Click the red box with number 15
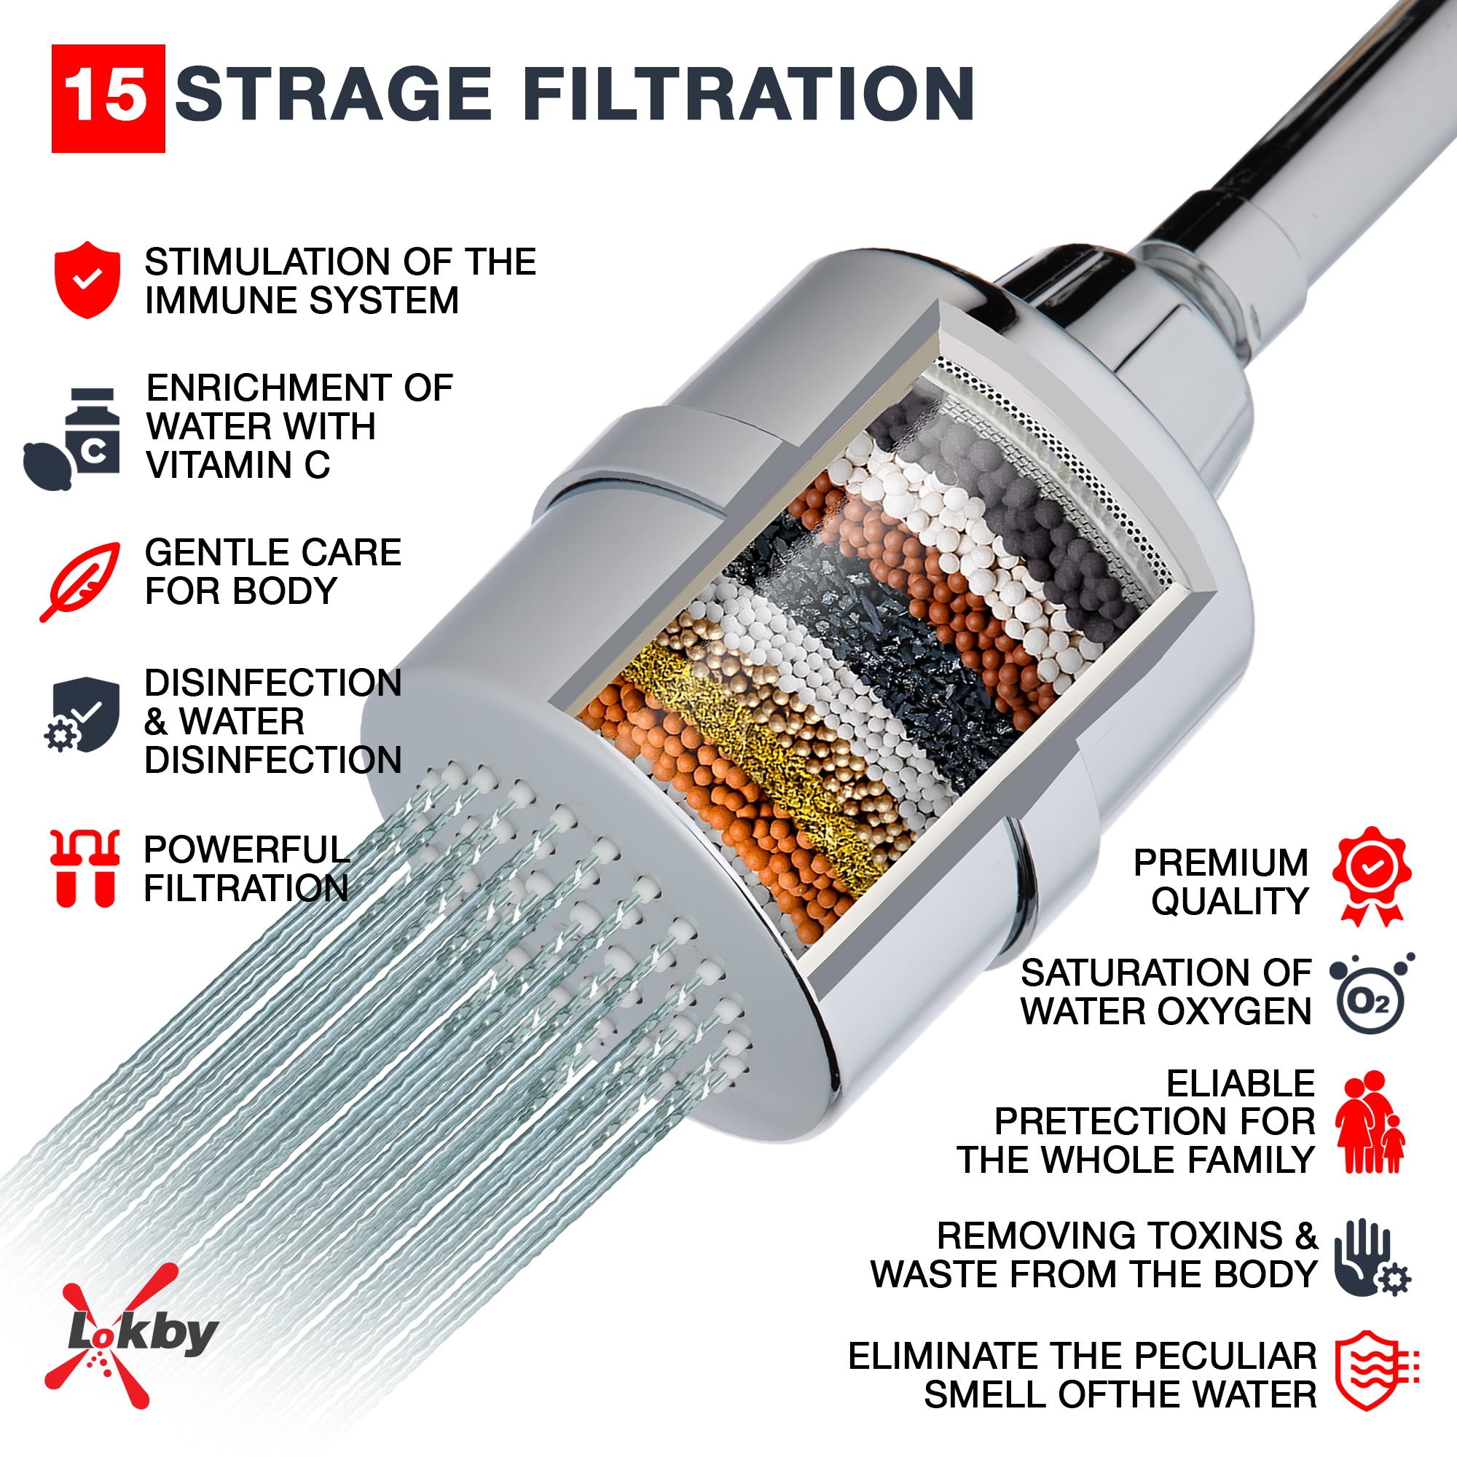pyautogui.click(x=108, y=99)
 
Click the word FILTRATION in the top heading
pyautogui.click(x=748, y=93)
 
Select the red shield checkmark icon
pyautogui.click(x=87, y=280)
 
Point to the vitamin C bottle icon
pyautogui.click(x=72, y=439)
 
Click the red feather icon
pyautogui.click(x=80, y=581)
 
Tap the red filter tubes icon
pyautogui.click(x=85, y=868)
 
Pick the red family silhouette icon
pyautogui.click(x=1370, y=1122)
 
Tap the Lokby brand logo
pyautogui.click(x=132, y=1335)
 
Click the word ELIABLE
pyautogui.click(x=1241, y=1084)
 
